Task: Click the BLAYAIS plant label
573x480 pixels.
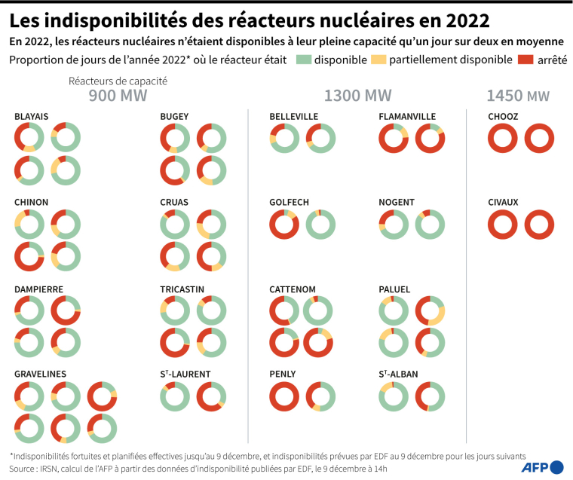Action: [x=31, y=116]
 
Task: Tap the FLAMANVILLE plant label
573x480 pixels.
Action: [x=407, y=116]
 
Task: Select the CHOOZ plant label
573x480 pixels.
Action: [x=502, y=116]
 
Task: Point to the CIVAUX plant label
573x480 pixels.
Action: [x=503, y=202]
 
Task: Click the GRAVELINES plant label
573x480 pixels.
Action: [x=40, y=374]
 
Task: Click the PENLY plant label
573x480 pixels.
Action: [x=283, y=374]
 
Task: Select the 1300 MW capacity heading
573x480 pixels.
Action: [x=357, y=96]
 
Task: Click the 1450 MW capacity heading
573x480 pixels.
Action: [x=518, y=96]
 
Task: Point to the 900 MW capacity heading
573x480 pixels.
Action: [x=118, y=96]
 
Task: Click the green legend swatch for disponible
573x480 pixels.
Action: [x=303, y=59]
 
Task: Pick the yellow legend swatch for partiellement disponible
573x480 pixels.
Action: [x=381, y=59]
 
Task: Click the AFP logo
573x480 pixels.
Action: [x=544, y=466]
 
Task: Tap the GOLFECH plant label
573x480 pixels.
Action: [x=289, y=202]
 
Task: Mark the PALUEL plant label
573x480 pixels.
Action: [x=395, y=289]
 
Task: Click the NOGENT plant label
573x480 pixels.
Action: [x=396, y=202]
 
